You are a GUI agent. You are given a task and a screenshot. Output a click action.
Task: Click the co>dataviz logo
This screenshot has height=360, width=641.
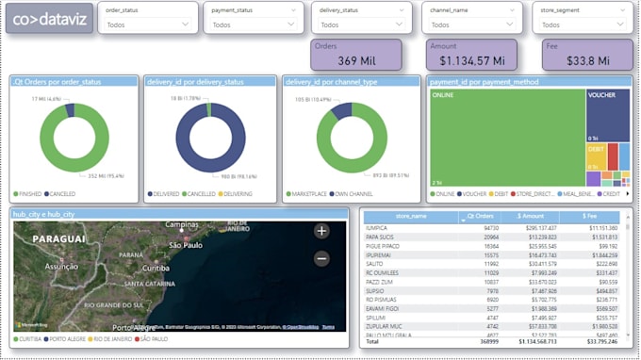[49, 19]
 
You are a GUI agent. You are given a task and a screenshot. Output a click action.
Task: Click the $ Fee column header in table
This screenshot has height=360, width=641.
[603, 217]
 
